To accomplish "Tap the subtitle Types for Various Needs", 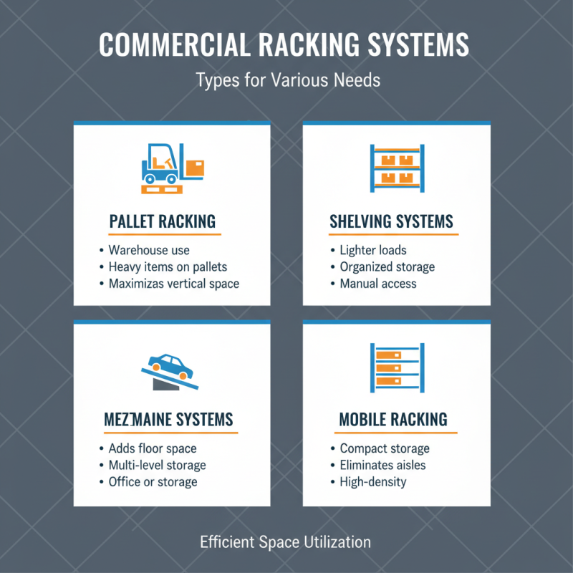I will click(x=287, y=80).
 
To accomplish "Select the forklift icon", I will click(x=172, y=169).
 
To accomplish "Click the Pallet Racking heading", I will click(x=162, y=221).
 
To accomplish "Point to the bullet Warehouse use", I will click(x=149, y=251).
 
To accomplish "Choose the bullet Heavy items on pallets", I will click(x=168, y=267).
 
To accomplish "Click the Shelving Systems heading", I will click(x=391, y=221).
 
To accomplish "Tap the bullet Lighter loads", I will click(x=373, y=251).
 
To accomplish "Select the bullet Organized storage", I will click(x=387, y=267).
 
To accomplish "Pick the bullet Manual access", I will click(x=378, y=284).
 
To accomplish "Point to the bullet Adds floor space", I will click(x=152, y=449).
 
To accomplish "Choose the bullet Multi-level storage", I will click(x=157, y=466).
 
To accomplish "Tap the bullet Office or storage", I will click(x=153, y=482).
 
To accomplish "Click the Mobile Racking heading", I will click(x=393, y=419).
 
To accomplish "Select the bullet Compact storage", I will click(x=385, y=449).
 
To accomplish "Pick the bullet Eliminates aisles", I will click(x=382, y=466).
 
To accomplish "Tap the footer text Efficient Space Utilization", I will click(x=285, y=542).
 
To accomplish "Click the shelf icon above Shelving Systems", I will click(x=397, y=169).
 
